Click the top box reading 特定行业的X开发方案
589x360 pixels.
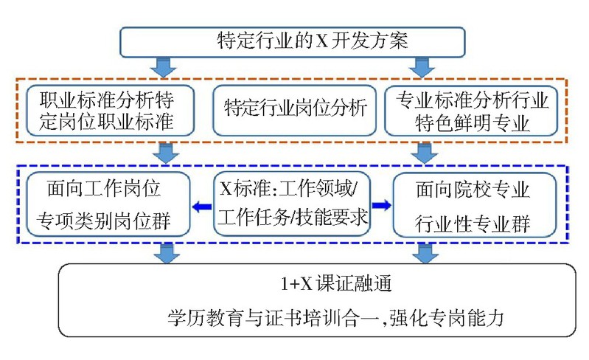click(x=294, y=42)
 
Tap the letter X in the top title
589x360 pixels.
click(x=321, y=42)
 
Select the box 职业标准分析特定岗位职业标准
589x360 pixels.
click(x=108, y=110)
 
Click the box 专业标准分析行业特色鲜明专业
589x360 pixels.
click(x=473, y=110)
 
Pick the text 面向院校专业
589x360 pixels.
click(x=473, y=190)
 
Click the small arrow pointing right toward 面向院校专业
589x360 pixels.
click(x=380, y=204)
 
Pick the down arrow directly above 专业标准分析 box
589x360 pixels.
click(x=422, y=68)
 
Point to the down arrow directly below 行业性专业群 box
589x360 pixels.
click(x=422, y=253)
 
